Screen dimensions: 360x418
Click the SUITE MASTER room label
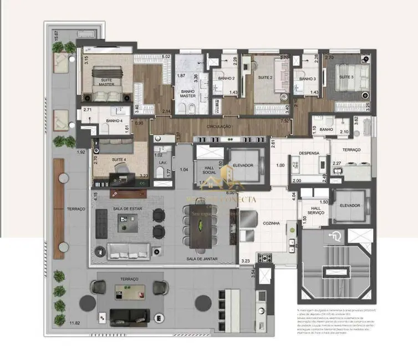(x=106, y=81)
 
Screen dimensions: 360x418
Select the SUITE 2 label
(x=264, y=78)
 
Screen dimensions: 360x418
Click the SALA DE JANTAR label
(x=202, y=259)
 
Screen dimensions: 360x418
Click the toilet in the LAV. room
(x=161, y=173)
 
